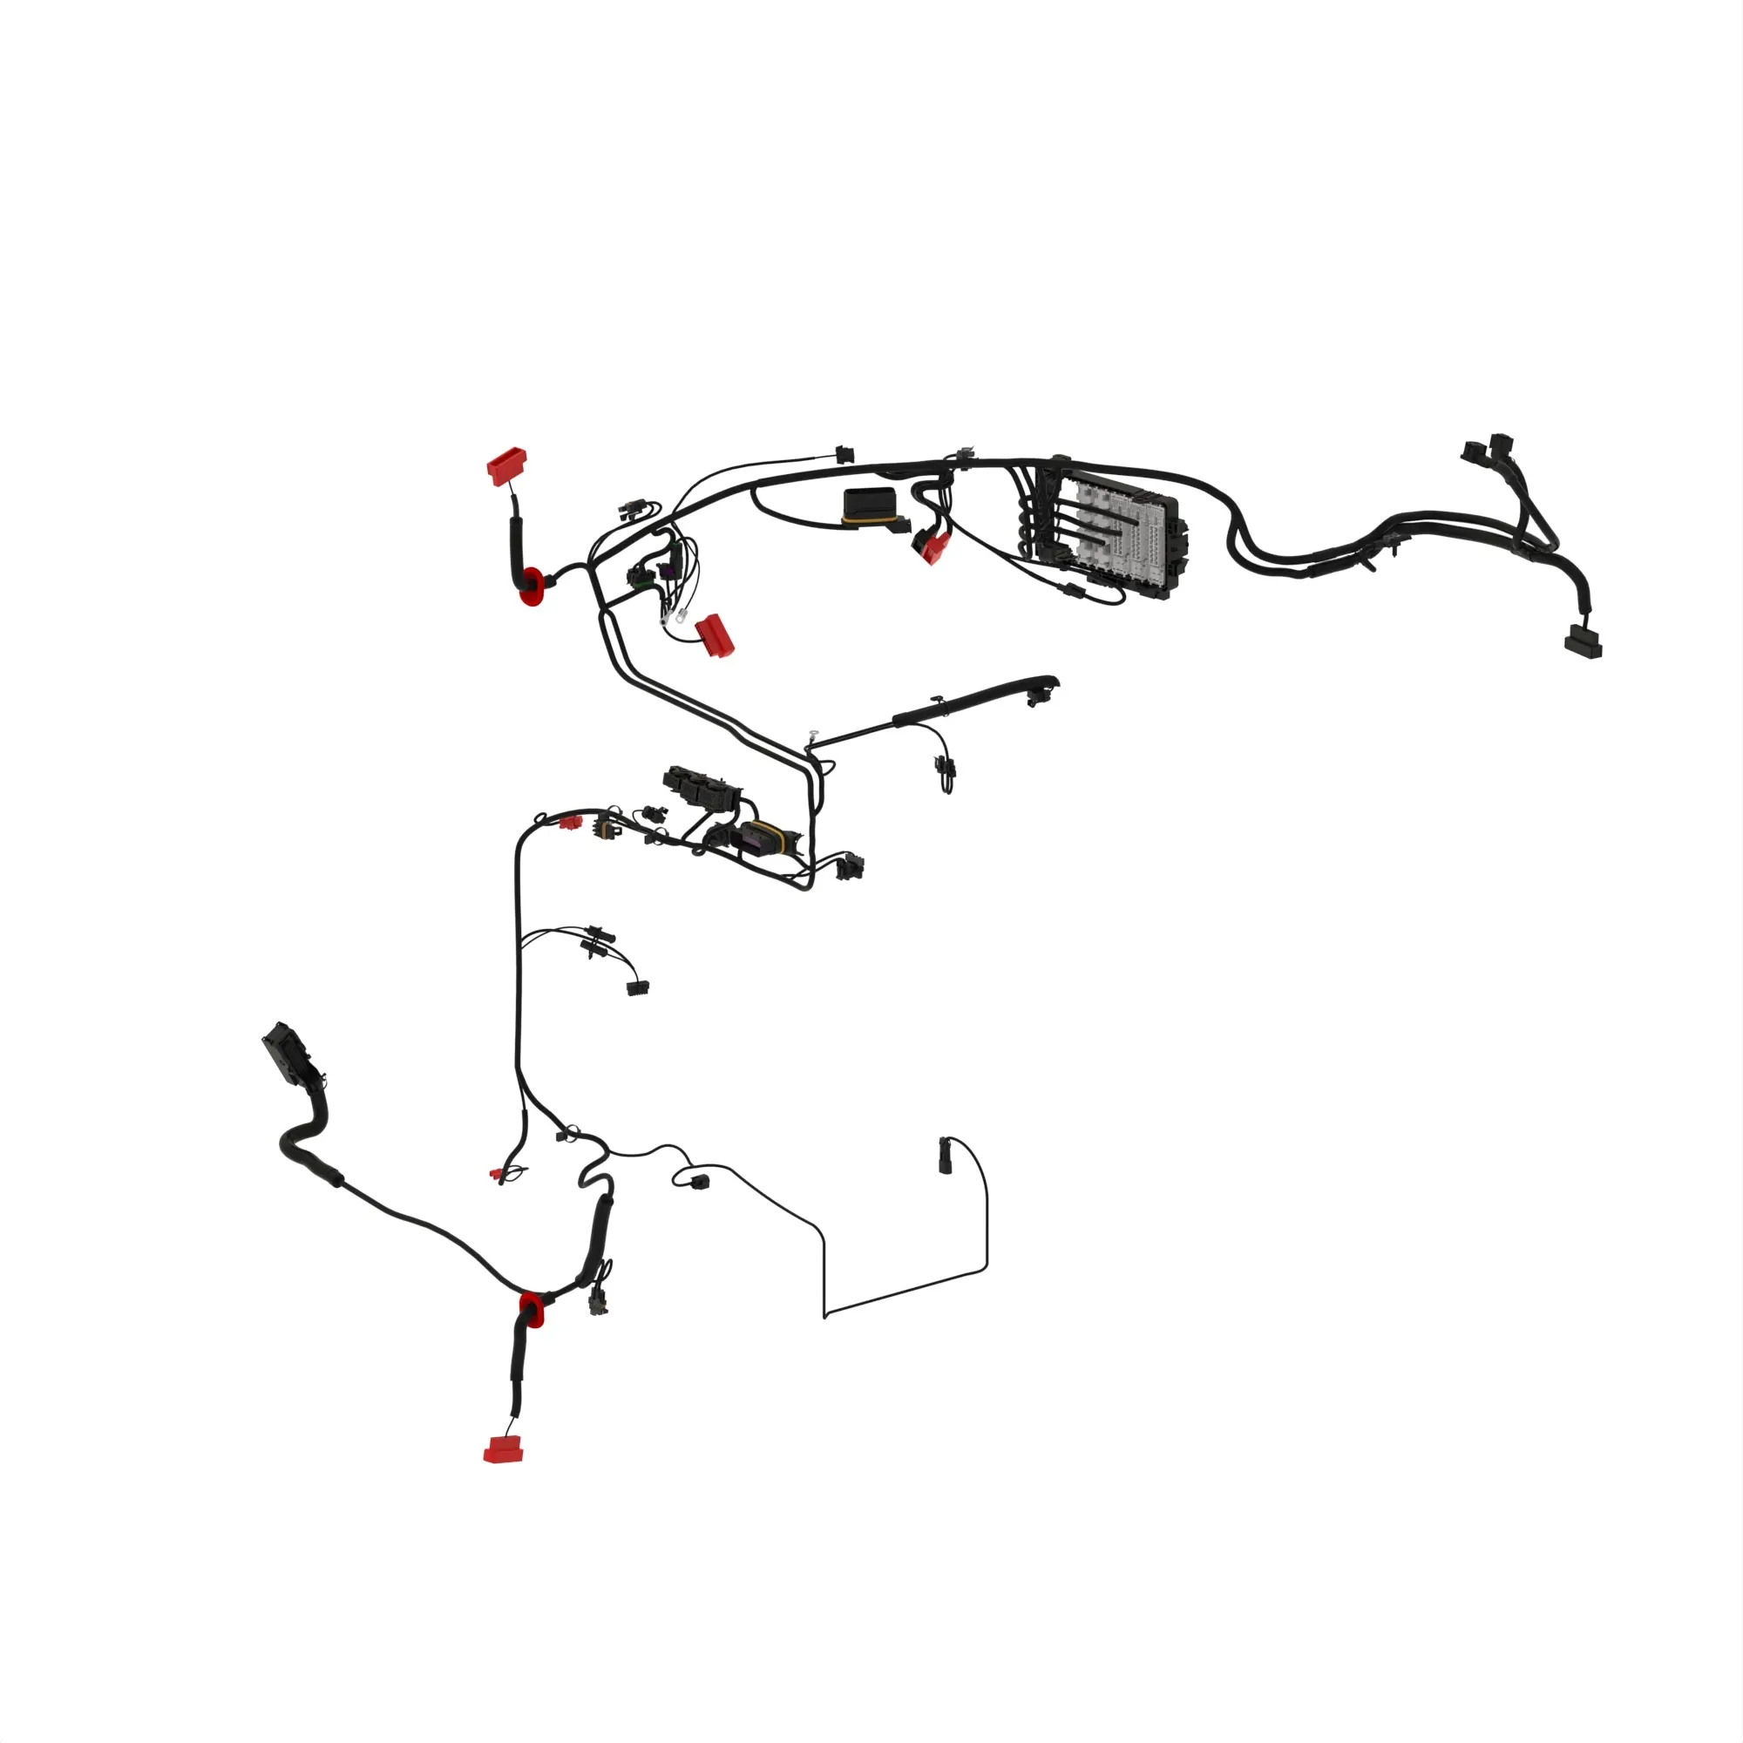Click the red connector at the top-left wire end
507,466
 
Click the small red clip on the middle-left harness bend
568,822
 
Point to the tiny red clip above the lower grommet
496,1175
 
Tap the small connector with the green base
642,575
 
